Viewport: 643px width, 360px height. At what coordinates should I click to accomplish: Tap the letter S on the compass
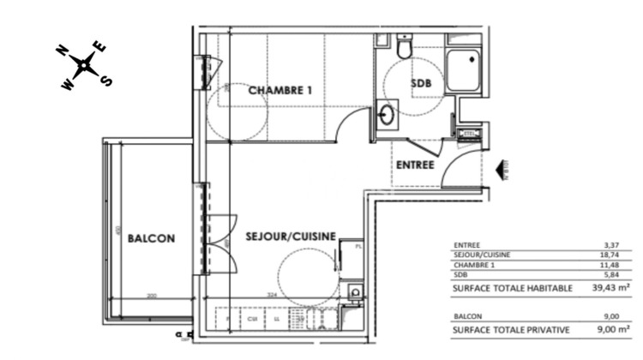point(107,81)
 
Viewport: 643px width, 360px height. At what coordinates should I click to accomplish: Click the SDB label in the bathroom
point(421,83)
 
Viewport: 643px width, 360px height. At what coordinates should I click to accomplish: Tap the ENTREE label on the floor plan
point(414,165)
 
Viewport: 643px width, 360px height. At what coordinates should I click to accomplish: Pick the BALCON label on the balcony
point(151,239)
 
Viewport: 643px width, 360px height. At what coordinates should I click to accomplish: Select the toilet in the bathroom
point(405,45)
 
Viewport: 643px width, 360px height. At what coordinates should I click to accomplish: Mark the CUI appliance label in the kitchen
point(253,320)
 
